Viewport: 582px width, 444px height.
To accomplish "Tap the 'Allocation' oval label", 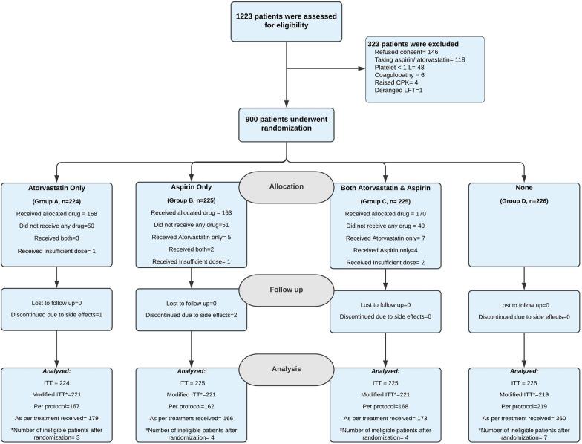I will point(287,187).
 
